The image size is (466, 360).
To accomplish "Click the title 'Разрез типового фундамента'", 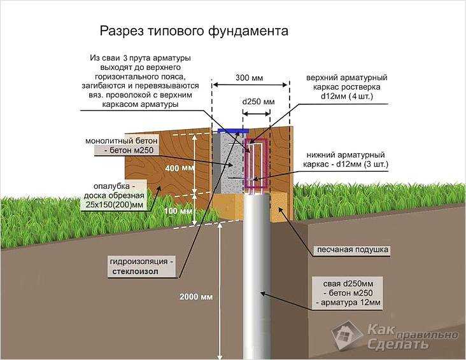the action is tap(194, 32).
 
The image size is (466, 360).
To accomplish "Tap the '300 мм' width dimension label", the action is tap(250, 78).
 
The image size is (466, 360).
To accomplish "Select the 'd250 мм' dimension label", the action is tap(258, 102).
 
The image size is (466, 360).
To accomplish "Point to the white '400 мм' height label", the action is tap(180, 169).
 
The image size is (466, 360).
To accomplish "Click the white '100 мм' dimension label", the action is tap(178, 211).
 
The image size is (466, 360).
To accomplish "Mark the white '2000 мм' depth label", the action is tap(196, 297).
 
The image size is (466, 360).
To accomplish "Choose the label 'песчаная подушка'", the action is tap(353, 249).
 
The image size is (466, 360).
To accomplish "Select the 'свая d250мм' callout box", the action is tap(348, 293).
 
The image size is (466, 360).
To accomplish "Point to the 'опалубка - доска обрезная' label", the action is tap(114, 195).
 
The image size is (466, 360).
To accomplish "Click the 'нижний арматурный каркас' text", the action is tap(345, 159).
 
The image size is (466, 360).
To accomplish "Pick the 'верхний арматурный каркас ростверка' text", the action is tap(346, 87).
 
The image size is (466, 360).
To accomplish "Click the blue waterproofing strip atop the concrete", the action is tap(233, 130).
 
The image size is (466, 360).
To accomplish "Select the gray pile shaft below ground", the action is tap(257, 276).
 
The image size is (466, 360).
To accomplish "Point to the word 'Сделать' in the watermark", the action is tap(398, 344).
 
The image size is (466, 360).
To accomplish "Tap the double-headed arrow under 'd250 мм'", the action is tap(257, 113).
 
